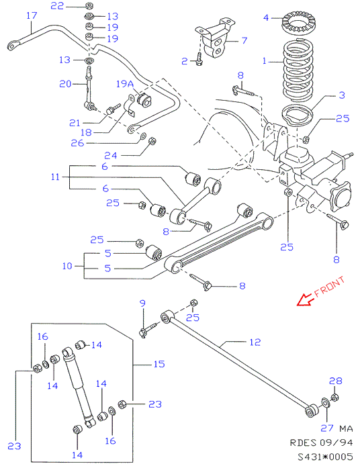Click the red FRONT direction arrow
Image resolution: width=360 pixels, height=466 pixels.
[304, 299]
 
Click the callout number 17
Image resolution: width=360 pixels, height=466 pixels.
[32, 15]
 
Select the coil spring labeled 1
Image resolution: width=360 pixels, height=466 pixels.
[298, 72]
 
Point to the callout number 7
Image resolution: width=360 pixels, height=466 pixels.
[244, 40]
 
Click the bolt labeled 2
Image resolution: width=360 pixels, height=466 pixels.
[199, 59]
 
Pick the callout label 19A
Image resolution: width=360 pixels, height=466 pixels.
[125, 84]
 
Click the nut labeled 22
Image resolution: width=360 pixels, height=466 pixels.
[89, 5]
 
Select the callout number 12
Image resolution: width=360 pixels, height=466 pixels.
[255, 342]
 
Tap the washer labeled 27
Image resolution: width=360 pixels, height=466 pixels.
[325, 404]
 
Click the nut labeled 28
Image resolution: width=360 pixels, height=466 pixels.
[335, 397]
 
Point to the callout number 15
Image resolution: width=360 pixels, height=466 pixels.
[159, 364]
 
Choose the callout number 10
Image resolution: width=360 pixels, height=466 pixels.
[67, 266]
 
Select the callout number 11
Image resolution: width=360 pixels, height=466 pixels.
[55, 177]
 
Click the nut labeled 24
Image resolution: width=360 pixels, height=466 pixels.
[152, 141]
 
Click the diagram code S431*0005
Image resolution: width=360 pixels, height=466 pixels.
[326, 457]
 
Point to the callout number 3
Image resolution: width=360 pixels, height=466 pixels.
[342, 95]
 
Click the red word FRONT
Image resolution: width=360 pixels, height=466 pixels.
[329, 287]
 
